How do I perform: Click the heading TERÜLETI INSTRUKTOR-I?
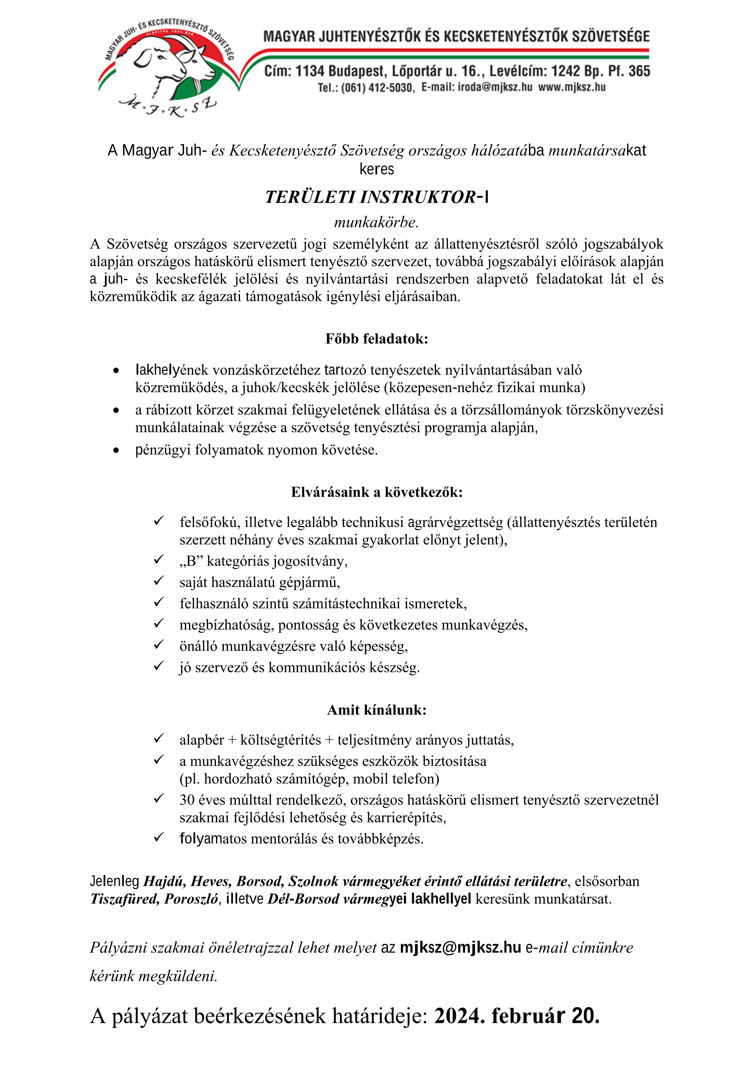376,197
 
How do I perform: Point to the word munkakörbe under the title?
376,223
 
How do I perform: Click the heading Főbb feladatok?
376,339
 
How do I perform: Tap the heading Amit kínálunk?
376,710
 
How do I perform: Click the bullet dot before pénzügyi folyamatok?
116,450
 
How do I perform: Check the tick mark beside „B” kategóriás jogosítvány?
159,560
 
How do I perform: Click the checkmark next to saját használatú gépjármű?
159,580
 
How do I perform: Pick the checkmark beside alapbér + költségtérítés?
159,738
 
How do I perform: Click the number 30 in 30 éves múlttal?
187,800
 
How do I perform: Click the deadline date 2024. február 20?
517,1016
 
